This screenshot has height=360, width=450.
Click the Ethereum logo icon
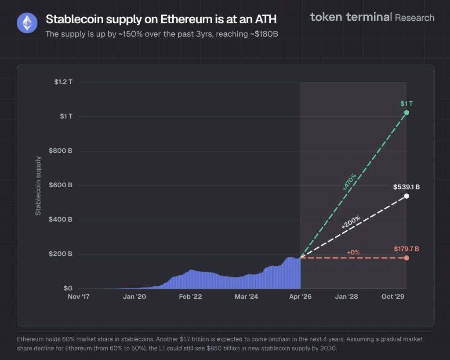coord(27,22)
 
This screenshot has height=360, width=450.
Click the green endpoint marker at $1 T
coord(406,113)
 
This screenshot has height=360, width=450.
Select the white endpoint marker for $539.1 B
coord(406,196)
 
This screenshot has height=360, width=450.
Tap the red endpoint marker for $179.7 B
coord(406,258)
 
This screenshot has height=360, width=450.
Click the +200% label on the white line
coord(351,222)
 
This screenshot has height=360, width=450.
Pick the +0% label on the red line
coord(353,252)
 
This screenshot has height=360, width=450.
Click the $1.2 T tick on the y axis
coord(63,82)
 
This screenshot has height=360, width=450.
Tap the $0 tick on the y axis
coord(68,288)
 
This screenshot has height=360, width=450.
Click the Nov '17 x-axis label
coord(79,297)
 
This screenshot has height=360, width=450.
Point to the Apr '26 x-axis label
coord(301,297)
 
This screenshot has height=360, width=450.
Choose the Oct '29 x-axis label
coord(393,297)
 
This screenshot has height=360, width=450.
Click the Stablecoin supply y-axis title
coord(38,185)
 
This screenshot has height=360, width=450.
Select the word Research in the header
coord(414,18)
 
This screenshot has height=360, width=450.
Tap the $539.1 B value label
coord(406,187)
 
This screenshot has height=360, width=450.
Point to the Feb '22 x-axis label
coord(190,297)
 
